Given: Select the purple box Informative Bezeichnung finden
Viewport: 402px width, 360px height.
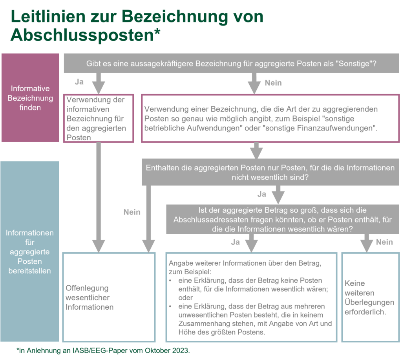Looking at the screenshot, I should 30,98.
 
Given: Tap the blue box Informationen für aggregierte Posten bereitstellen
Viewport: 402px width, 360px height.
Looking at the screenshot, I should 30,252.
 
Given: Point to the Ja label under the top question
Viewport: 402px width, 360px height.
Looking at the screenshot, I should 79,82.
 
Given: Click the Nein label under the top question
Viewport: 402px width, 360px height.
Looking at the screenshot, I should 273,83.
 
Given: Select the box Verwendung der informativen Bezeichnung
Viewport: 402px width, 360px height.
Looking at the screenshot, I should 99,118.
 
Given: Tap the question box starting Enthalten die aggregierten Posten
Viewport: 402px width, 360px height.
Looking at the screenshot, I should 270,173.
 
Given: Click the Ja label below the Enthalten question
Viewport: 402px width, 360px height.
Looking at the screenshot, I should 262,194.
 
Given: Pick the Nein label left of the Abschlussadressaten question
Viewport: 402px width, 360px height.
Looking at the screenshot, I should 132,212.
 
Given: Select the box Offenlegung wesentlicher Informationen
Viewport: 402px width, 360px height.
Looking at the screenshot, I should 109,298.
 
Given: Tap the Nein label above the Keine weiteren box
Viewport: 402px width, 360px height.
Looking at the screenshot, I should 384,242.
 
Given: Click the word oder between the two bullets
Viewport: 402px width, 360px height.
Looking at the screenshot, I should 186,298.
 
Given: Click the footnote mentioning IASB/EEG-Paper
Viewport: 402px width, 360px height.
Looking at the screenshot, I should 104,350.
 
